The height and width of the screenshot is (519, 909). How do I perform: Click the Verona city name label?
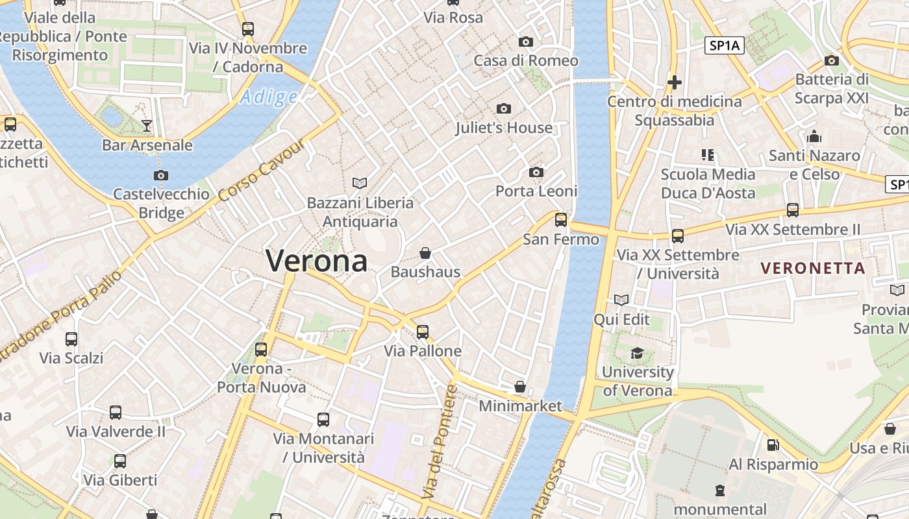tap(317, 261)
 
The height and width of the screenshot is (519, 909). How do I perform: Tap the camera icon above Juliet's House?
tap(503, 109)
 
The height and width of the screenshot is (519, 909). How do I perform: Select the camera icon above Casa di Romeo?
tap(526, 42)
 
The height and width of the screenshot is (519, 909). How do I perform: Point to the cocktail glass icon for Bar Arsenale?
tap(147, 126)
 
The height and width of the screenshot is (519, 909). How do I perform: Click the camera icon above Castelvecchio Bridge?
tap(161, 175)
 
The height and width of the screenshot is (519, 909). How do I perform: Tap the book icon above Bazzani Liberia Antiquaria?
tap(360, 184)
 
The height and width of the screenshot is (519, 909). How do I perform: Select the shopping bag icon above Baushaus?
tap(425, 253)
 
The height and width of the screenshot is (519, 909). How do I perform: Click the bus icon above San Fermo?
tap(561, 220)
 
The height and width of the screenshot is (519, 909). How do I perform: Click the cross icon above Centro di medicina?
tap(675, 82)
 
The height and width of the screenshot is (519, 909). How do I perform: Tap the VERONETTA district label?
tap(813, 268)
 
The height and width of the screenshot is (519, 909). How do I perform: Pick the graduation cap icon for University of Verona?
tap(637, 354)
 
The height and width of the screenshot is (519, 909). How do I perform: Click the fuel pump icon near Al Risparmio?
tap(773, 445)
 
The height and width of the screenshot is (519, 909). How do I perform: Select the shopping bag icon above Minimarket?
tap(519, 387)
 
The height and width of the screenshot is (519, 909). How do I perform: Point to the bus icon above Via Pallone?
tap(423, 332)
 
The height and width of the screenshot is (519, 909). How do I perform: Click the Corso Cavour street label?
tap(261, 170)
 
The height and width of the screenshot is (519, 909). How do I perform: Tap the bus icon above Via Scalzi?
tap(71, 339)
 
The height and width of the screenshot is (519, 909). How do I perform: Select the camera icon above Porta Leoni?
tap(536, 172)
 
